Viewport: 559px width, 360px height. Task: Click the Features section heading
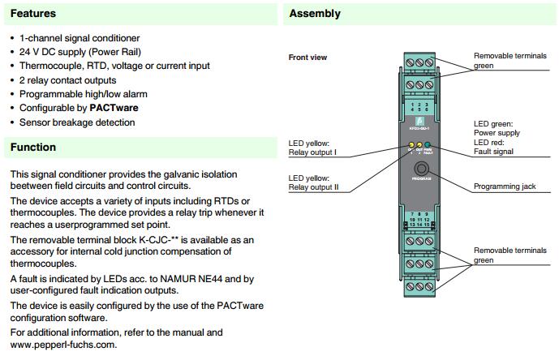[x=33, y=14]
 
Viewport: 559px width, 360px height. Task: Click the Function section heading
[x=32, y=147]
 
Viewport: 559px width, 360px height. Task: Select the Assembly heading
[x=314, y=14]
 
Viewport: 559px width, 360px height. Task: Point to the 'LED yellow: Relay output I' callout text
[x=316, y=148]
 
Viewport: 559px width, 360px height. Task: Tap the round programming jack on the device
[x=420, y=169]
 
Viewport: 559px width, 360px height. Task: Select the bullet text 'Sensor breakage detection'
[x=76, y=122]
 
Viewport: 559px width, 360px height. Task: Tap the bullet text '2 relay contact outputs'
[x=67, y=79]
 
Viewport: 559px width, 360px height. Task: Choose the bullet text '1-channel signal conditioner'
[x=80, y=38]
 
